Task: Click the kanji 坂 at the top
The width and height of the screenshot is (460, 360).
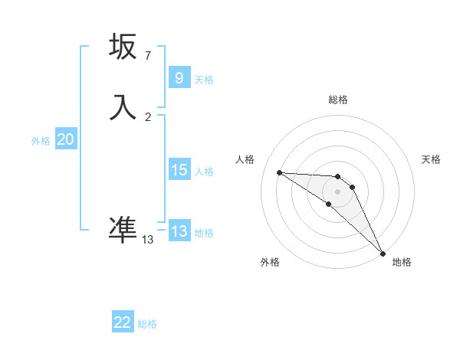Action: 123,47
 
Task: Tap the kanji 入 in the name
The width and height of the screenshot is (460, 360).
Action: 123,107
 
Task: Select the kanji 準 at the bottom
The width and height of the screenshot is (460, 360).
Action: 123,228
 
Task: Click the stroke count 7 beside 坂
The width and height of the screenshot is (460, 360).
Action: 148,56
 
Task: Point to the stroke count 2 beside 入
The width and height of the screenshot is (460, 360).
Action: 148,117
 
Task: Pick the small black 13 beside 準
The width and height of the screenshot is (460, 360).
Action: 148,240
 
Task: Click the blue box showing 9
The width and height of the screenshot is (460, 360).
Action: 179,77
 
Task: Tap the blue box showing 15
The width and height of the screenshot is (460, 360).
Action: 179,170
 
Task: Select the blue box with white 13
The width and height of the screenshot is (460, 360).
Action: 179,231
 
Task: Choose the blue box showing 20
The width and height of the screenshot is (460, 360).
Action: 65,139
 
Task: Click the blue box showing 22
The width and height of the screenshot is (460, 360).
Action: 123,322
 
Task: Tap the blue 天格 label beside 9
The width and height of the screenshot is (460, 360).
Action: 204,79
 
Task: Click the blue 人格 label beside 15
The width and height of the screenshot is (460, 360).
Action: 204,172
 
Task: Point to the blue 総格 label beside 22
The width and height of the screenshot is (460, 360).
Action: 147,324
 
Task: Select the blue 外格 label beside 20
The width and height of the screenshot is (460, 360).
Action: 41,141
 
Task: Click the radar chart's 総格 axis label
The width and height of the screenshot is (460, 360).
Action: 337,100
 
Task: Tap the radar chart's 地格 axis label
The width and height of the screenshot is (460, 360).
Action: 402,262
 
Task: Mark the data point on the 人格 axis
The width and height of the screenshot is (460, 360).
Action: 279,172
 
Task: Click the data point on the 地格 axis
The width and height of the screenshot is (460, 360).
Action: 383,253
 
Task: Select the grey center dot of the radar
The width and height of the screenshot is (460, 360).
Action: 337,191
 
